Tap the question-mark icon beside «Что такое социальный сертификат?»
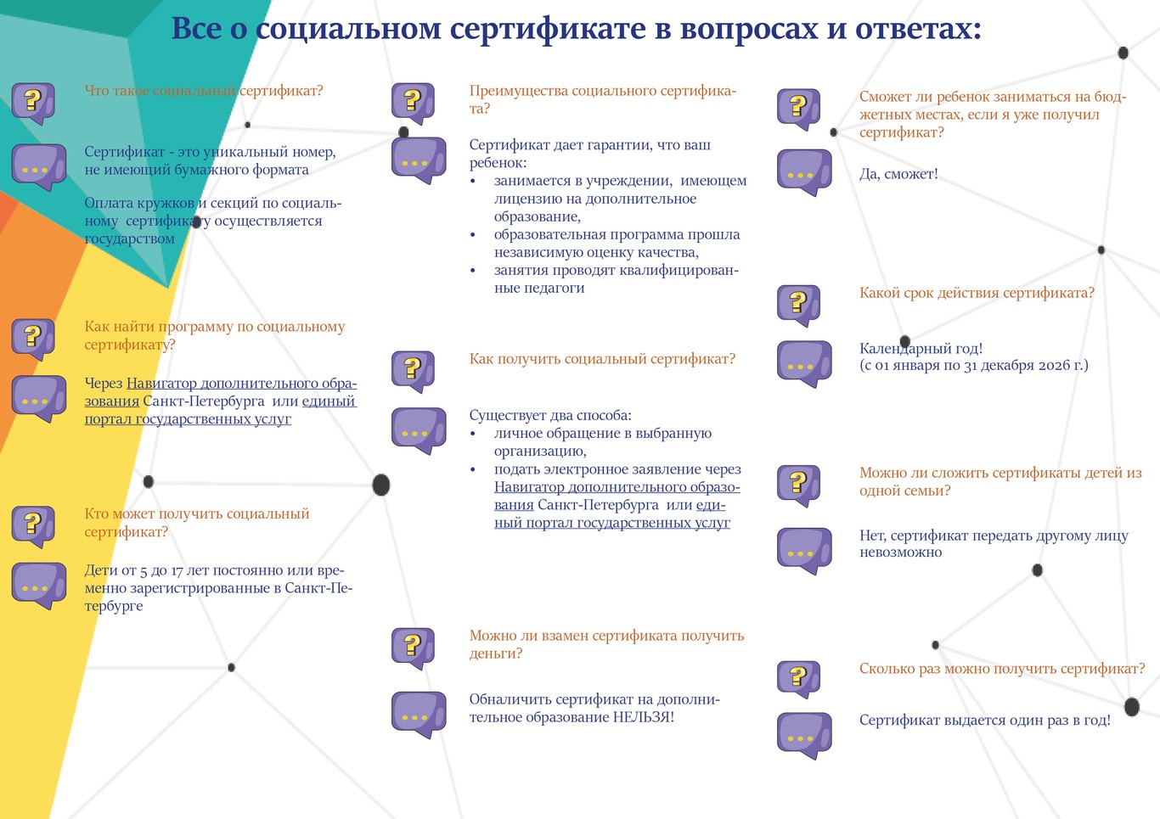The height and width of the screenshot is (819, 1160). tap(33, 104)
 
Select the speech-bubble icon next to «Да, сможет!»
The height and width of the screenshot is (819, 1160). tap(804, 172)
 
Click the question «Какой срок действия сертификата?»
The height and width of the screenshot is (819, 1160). tap(977, 293)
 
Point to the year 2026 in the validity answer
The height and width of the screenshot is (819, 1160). tap(1055, 366)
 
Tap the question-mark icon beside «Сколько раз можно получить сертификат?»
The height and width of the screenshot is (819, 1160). tap(798, 679)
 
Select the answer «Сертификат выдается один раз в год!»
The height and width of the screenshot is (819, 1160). tap(985, 720)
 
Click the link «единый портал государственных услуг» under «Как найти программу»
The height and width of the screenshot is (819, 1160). tap(221, 410)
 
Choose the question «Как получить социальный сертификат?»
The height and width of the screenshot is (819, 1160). tap(602, 359)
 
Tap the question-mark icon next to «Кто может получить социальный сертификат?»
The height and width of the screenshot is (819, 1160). tap(33, 526)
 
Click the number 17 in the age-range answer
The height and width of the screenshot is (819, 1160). tap(177, 571)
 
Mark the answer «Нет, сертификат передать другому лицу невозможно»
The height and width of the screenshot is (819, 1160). tap(994, 543)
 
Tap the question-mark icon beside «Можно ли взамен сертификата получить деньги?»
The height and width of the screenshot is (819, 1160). tap(413, 648)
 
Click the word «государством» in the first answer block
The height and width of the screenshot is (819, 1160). tap(129, 239)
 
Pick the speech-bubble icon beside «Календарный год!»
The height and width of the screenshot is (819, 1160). tap(804, 364)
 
